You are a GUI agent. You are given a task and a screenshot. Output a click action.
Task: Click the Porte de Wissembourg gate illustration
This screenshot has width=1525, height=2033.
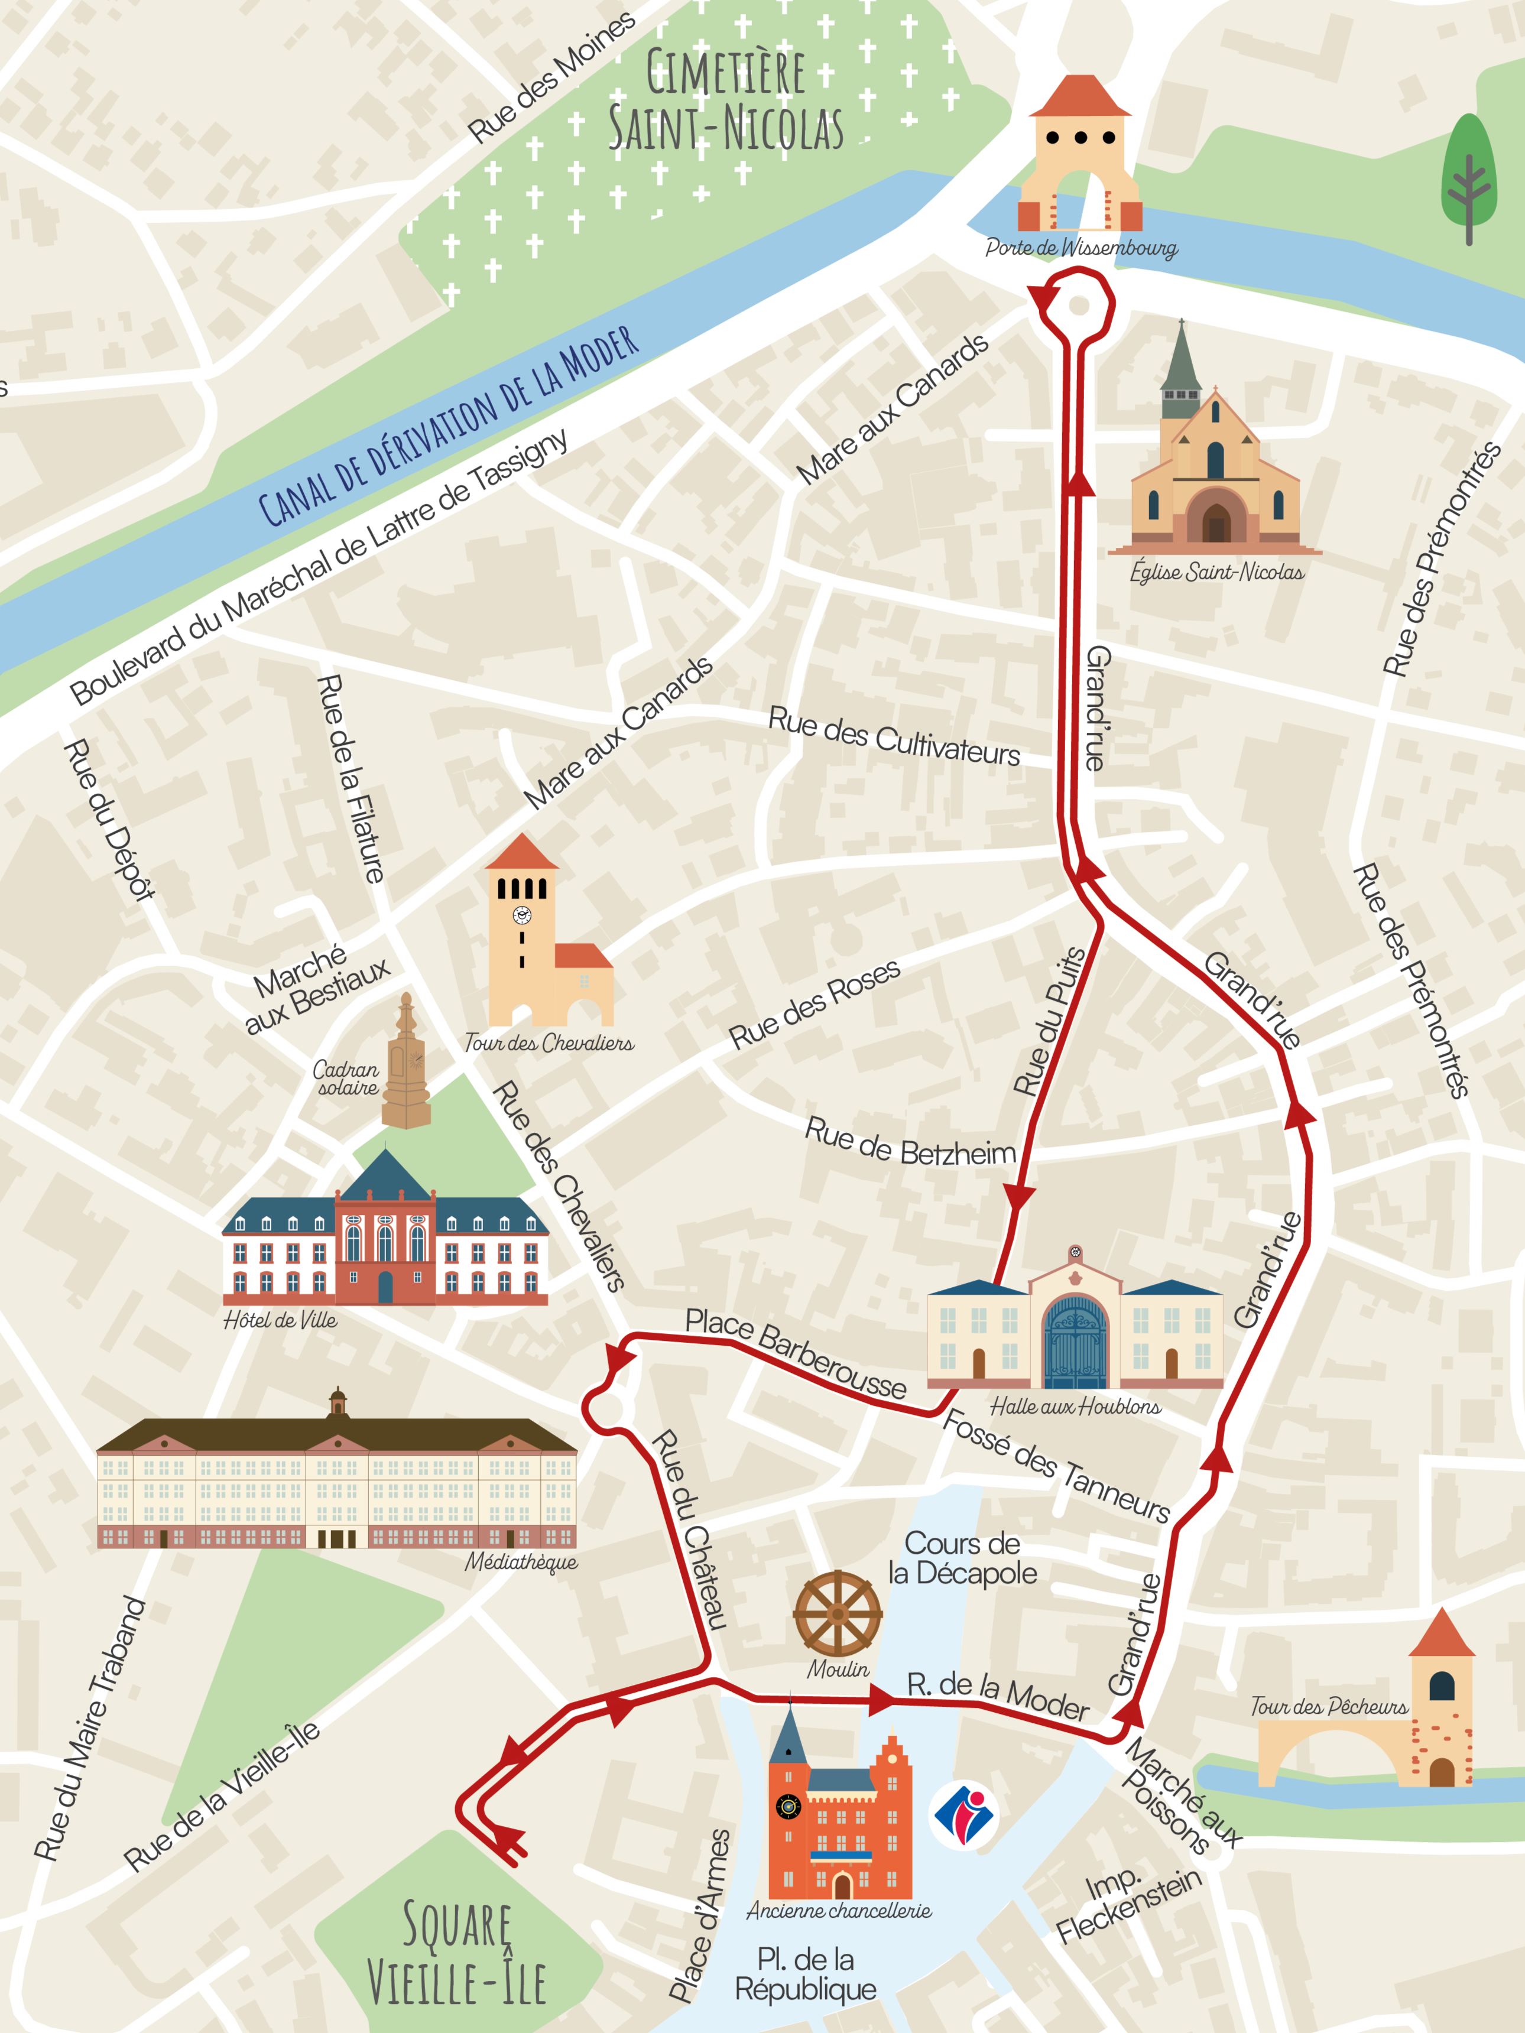[x=1079, y=156]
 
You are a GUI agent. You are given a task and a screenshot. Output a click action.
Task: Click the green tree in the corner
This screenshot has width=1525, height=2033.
[x=1468, y=179]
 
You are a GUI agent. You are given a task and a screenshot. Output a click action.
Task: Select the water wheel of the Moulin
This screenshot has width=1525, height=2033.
[x=838, y=1614]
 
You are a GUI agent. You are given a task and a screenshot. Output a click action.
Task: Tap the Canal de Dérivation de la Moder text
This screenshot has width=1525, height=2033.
[x=449, y=428]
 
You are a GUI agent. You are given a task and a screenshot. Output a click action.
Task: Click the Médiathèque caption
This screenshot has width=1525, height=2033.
[x=521, y=1561]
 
